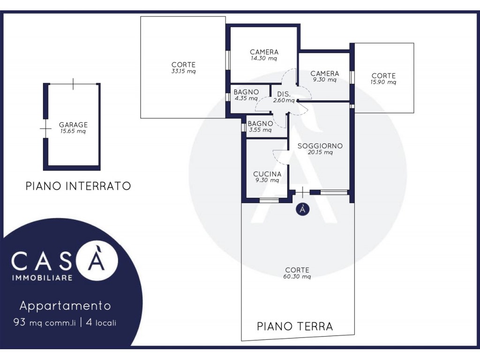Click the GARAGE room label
[73, 125]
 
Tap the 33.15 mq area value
[183, 71]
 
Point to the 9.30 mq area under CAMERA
[324, 80]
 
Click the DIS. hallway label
[284, 94]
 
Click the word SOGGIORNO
[320, 146]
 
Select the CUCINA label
[267, 174]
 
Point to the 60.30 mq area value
[297, 277]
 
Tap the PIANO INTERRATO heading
[78, 186]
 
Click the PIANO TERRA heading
[295, 326]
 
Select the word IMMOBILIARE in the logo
[42, 277]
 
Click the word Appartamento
[65, 306]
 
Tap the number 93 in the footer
[19, 322]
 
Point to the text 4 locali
[101, 322]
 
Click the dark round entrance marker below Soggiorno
[302, 209]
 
